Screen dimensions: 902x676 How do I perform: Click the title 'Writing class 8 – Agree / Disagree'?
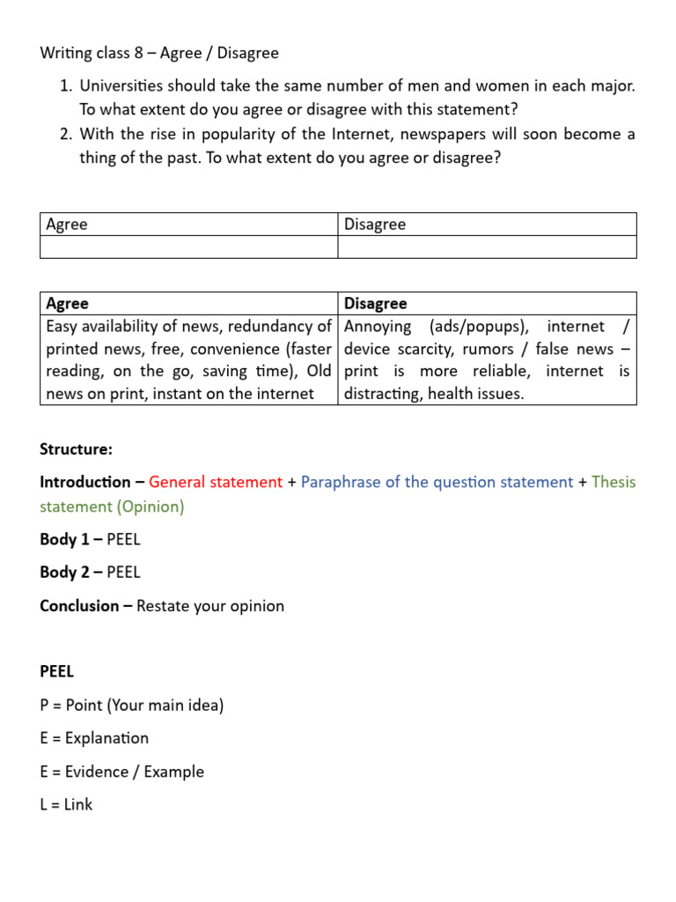coord(159,53)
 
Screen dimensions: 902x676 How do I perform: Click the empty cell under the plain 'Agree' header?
coord(189,247)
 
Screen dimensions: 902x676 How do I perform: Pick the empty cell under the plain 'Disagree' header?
coord(487,247)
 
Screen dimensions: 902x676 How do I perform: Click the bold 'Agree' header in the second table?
coord(68,304)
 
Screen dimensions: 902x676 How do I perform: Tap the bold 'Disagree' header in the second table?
coord(376,304)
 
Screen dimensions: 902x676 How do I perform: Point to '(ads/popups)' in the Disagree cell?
coord(479,326)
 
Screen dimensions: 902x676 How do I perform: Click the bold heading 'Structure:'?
coord(77,449)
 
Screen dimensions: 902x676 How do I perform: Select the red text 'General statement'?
coord(216,482)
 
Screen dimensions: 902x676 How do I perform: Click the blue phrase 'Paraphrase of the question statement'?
coord(437,482)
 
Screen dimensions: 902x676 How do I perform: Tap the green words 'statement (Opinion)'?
coord(112,506)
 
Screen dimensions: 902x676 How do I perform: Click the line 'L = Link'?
coord(66,804)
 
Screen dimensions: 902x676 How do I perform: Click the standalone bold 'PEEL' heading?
coord(57,672)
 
